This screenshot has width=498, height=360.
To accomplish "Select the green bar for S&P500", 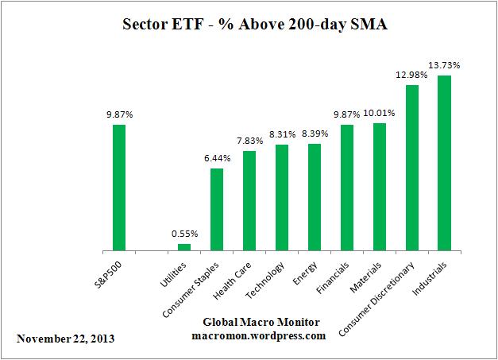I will point(119,188).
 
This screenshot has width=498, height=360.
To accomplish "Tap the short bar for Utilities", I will point(184,247).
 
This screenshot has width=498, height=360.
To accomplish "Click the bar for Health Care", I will point(249,201).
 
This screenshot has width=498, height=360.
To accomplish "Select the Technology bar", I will point(282,198).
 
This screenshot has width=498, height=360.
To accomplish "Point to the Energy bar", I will point(315,197).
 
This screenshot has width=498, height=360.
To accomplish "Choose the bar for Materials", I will point(380,187).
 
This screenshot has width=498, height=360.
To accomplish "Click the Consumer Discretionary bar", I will point(412,168).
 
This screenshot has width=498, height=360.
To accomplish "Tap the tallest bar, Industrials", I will point(445,163).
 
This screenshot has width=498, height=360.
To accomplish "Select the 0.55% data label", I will point(184,234).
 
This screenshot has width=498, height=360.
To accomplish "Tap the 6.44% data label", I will point(217,157).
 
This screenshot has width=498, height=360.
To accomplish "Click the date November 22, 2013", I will point(65,339).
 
